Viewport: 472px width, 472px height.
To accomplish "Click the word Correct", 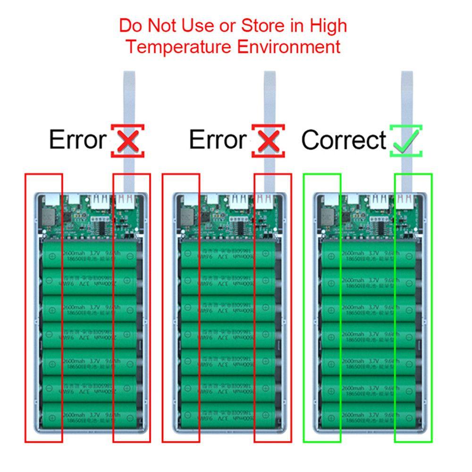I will coord(344,140).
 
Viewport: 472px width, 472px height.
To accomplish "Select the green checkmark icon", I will coord(405,141).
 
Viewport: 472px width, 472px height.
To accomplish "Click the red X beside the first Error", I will coord(127,141).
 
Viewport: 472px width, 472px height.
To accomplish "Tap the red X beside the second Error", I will coord(268,141).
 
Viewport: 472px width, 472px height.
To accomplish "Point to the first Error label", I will coord(78,140).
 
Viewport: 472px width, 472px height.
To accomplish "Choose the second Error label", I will coord(218,140).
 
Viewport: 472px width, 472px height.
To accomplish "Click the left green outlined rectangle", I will coord(322,308).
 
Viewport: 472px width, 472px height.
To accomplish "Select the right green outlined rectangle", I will coord(413,308).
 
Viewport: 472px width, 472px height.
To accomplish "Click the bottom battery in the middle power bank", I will coord(230,416).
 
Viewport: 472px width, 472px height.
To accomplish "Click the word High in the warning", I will coord(328,25).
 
